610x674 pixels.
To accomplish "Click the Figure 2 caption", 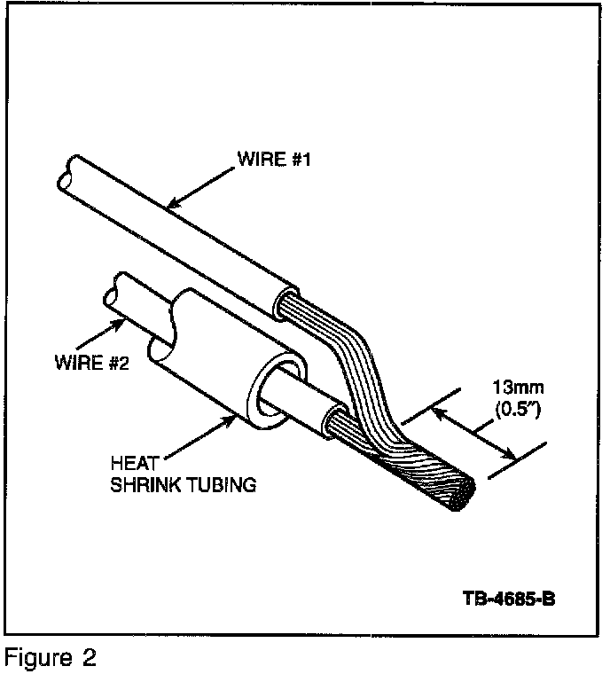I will click(50, 659).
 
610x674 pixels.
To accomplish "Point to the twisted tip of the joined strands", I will click(464, 497).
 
